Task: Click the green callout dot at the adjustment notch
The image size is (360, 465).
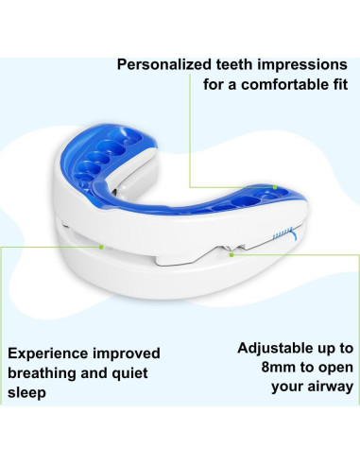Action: [232, 252]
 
